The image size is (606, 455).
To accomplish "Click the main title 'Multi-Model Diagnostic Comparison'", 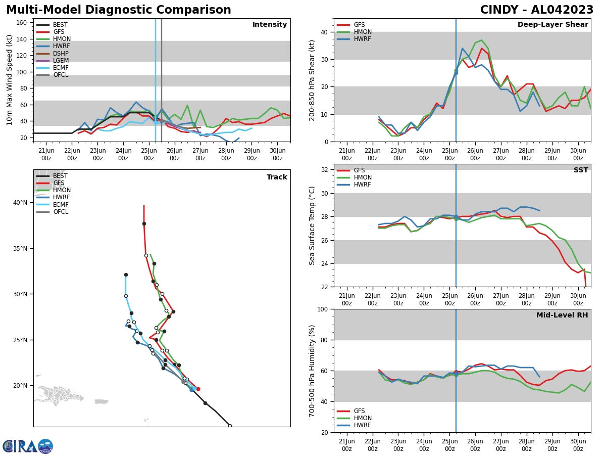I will coord(119,10).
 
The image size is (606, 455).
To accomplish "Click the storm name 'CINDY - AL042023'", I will coord(536,10).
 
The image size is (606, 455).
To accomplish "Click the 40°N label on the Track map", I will coord(20,203).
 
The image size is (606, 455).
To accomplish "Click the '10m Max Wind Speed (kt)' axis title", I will coord(10,80).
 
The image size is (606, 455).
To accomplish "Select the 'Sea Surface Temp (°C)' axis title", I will coord(313,225).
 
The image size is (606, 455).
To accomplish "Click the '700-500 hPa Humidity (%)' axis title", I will coord(313,371).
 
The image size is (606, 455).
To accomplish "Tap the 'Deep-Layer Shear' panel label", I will coord(552,25).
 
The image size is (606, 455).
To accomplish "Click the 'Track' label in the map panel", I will coord(277,177).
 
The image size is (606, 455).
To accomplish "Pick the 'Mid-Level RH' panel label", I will coord(562,315).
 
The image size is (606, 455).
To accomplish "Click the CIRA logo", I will coord(28,446).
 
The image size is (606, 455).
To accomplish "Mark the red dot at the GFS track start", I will coord(198,389).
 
